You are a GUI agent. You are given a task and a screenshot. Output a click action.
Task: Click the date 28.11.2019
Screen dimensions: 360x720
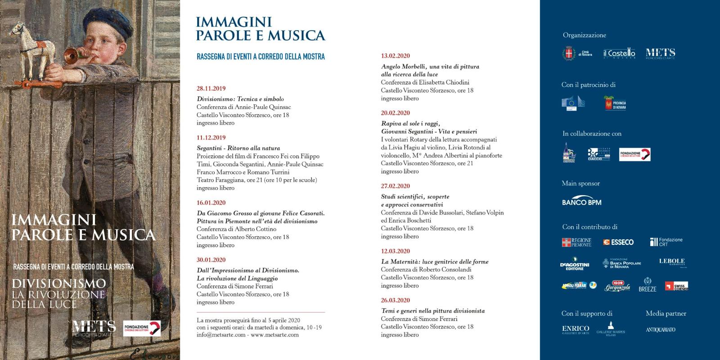211,89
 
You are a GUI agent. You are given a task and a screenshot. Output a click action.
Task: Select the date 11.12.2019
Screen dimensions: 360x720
211,138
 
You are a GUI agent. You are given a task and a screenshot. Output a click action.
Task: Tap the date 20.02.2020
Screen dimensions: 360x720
396,113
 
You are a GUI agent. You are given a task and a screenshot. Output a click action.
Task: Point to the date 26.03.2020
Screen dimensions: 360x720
396,300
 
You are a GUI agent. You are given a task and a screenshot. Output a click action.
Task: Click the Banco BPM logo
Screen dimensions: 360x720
581,200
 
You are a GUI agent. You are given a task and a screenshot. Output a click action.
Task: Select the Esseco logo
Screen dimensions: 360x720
618,242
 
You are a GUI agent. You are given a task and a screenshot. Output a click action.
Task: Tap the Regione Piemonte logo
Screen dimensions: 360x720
577,242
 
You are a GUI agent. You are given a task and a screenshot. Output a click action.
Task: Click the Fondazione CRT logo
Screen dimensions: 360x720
666,242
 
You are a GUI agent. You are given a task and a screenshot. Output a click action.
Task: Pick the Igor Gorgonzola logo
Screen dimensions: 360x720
617,286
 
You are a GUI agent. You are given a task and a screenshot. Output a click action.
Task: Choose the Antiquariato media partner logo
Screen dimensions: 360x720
661,330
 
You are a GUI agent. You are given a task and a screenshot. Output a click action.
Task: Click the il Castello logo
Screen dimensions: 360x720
619,54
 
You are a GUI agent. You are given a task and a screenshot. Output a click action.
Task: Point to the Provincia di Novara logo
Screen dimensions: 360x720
615,103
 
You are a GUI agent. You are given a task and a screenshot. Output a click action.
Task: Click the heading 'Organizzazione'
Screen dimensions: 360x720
585,35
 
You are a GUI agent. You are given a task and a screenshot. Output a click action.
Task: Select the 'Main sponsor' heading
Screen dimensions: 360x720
581,183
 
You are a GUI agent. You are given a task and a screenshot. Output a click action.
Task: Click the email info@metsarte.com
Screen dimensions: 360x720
221,335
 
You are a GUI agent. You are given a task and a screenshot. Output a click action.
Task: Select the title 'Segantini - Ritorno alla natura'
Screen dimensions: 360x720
238,148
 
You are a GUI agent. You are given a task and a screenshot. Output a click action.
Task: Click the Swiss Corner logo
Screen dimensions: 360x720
676,286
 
